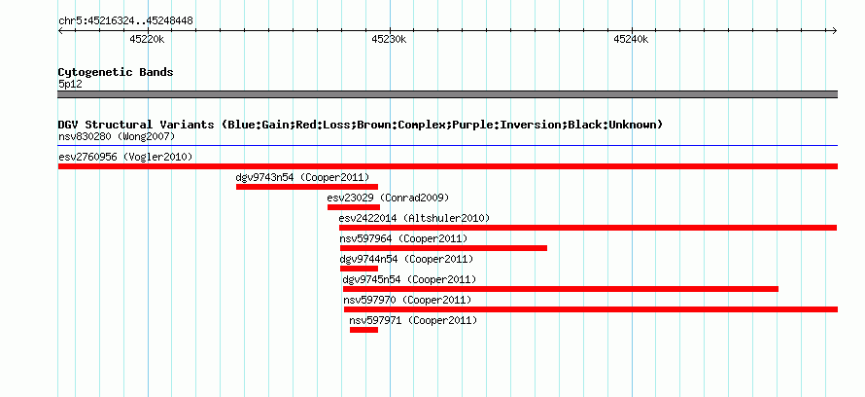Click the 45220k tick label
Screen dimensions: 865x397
(148, 39)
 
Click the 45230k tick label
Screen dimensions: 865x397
(389, 39)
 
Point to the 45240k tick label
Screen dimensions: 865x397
(631, 39)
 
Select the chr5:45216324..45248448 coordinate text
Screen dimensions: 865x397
(125, 21)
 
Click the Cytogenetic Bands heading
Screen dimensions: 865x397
(116, 72)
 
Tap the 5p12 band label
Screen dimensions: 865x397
(70, 85)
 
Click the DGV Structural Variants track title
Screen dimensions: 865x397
(361, 125)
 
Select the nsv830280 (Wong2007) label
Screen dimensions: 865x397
(117, 136)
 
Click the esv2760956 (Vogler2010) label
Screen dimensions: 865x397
(125, 157)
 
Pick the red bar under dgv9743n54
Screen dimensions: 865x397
(307, 187)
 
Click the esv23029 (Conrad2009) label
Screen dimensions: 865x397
(388, 198)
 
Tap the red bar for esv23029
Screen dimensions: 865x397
(354, 207)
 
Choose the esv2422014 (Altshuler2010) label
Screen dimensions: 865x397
(414, 218)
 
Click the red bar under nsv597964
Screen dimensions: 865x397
(443, 248)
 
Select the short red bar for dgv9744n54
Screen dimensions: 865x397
(360, 269)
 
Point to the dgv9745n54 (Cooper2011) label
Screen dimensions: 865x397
(409, 279)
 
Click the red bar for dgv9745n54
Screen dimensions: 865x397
(561, 289)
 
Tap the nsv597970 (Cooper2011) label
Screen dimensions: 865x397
(407, 300)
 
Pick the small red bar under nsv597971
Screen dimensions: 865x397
(364, 330)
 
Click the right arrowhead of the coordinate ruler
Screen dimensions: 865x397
(835, 30)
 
